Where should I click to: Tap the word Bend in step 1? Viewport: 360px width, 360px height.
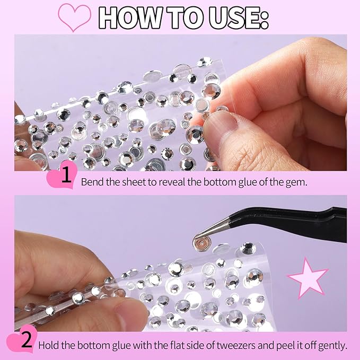pos(91,182)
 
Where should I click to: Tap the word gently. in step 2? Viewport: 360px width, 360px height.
pos(331,346)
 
